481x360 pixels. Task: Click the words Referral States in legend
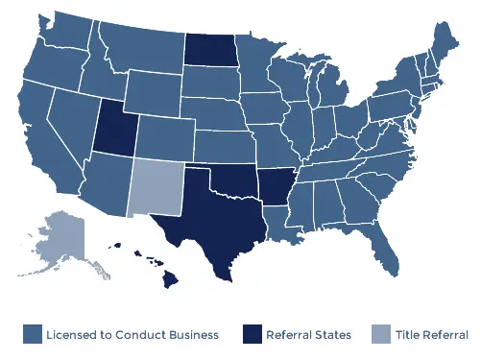(309, 334)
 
